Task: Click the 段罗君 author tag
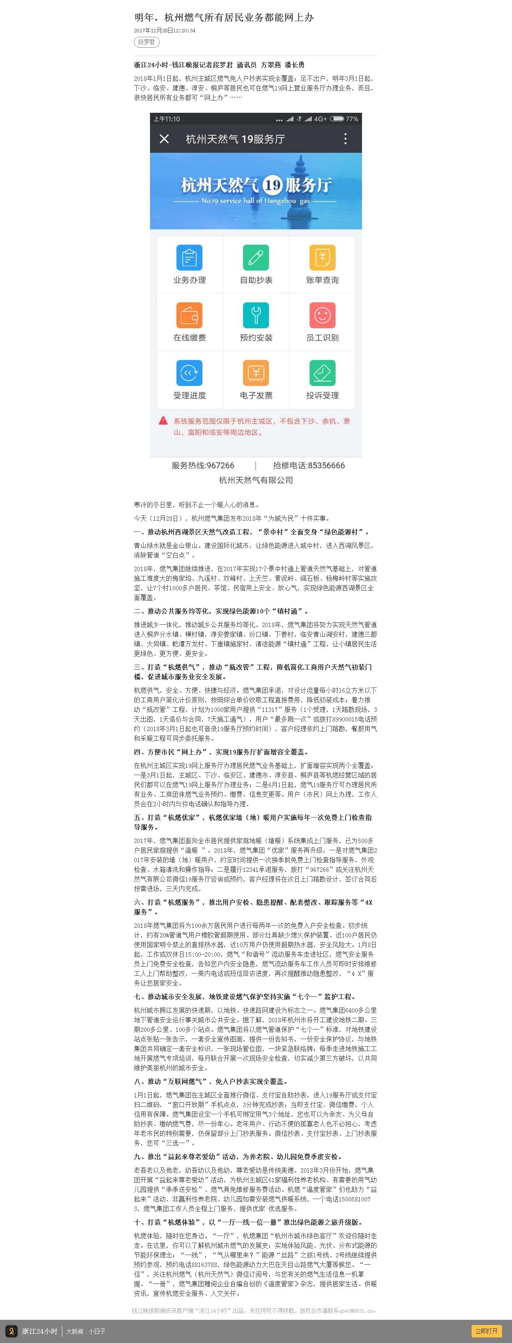tap(146, 42)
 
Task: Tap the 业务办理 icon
tap(189, 258)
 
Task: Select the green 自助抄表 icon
tap(256, 258)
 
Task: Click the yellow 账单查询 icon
tap(322, 258)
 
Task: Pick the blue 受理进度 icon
tap(189, 373)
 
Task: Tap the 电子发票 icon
tap(256, 373)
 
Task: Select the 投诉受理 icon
tap(322, 373)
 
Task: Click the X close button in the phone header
tap(164, 139)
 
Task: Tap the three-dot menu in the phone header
tap(345, 139)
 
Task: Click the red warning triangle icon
tap(163, 421)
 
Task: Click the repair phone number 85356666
tap(326, 466)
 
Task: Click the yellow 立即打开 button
tap(486, 1331)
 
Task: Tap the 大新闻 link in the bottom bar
tap(74, 1331)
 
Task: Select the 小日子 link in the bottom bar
tap(97, 1331)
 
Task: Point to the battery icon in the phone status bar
tap(337, 119)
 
